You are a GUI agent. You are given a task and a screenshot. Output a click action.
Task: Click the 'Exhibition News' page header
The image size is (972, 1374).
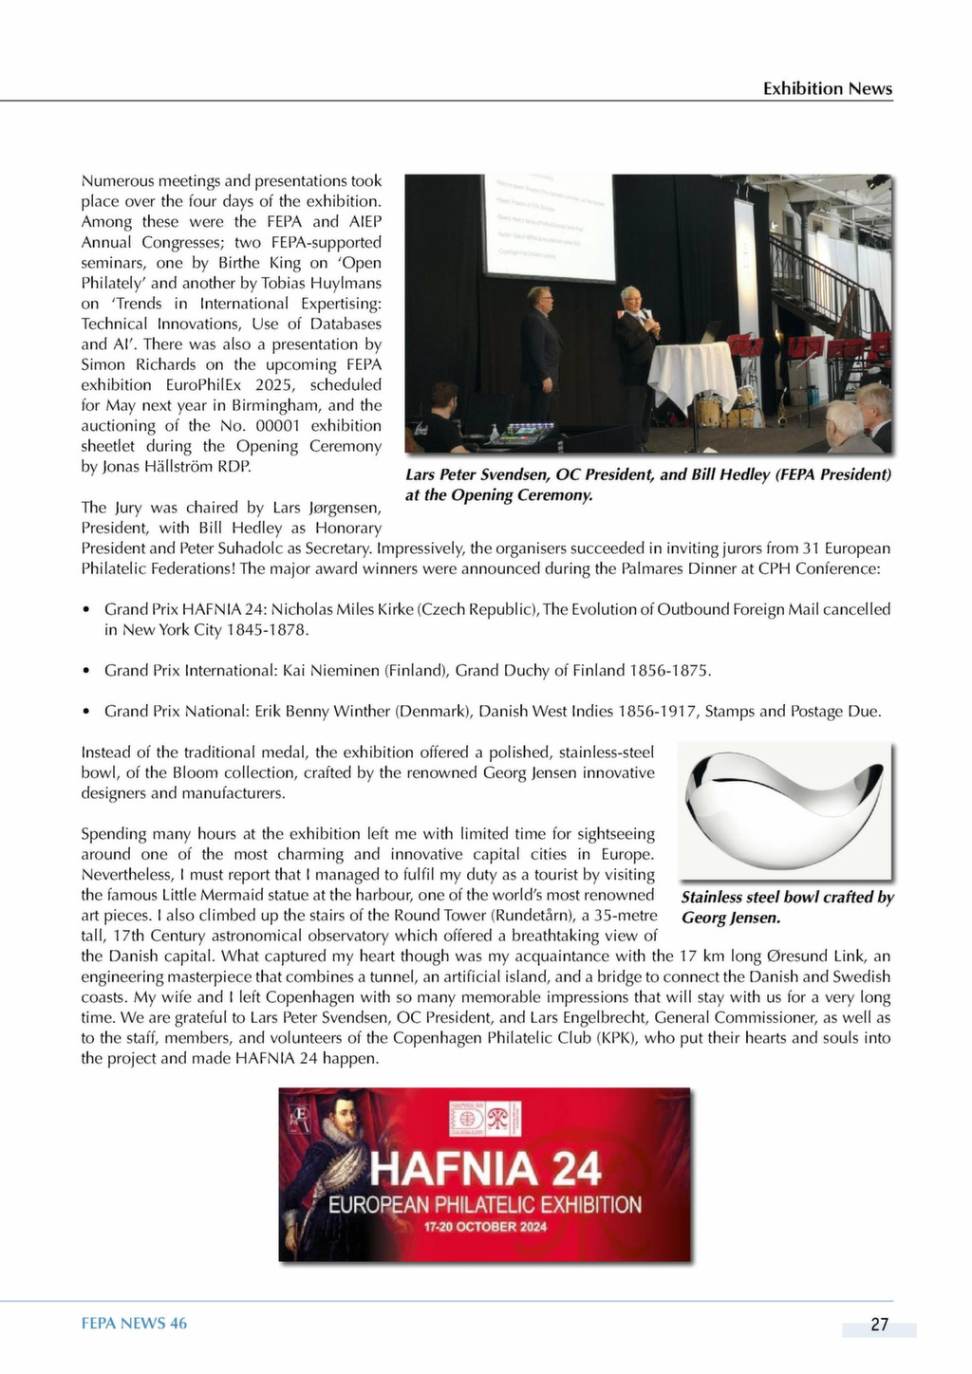827,88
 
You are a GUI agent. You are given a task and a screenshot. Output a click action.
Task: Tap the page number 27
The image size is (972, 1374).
879,1325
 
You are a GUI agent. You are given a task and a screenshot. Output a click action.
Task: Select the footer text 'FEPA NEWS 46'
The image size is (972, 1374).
134,1323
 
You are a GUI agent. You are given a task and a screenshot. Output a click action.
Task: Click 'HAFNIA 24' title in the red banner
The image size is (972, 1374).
485,1169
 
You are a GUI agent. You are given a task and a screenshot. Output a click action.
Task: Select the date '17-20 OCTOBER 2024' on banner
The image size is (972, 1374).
485,1227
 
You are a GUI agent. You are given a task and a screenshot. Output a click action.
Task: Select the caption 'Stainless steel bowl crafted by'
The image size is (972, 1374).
787,897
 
